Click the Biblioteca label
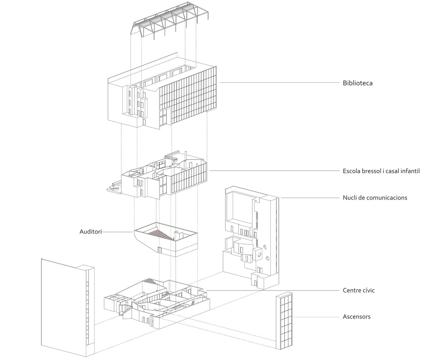point(357,83)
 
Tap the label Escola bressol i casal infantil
point(381,171)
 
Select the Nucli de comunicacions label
point(375,198)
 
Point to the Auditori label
point(90,232)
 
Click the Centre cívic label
point(358,290)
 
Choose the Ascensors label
point(356,317)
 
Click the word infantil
point(409,171)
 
